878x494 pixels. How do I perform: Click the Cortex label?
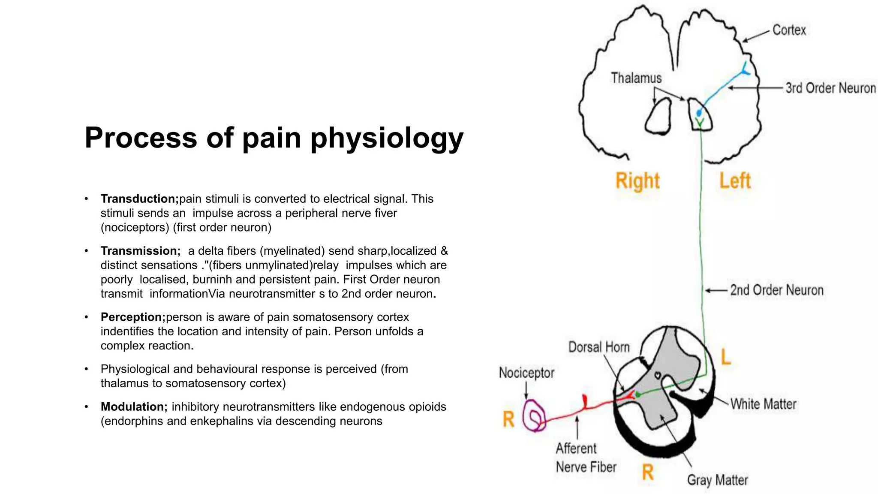789,30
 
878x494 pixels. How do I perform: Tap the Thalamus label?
636,78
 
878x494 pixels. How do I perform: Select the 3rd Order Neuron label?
830,88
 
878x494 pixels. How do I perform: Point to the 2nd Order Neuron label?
776,290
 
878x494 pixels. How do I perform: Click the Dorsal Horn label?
598,347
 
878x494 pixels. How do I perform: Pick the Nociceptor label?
526,373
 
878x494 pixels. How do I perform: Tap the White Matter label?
763,404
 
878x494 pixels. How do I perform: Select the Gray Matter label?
717,480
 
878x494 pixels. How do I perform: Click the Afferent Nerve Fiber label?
585,458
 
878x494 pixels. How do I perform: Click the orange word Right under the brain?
637,181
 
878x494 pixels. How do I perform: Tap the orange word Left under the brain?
735,181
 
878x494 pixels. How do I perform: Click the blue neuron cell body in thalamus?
699,113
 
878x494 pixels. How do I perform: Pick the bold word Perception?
133,317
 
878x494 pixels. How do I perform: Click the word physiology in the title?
387,138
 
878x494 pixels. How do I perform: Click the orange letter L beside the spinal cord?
725,357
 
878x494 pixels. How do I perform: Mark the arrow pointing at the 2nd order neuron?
716,290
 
